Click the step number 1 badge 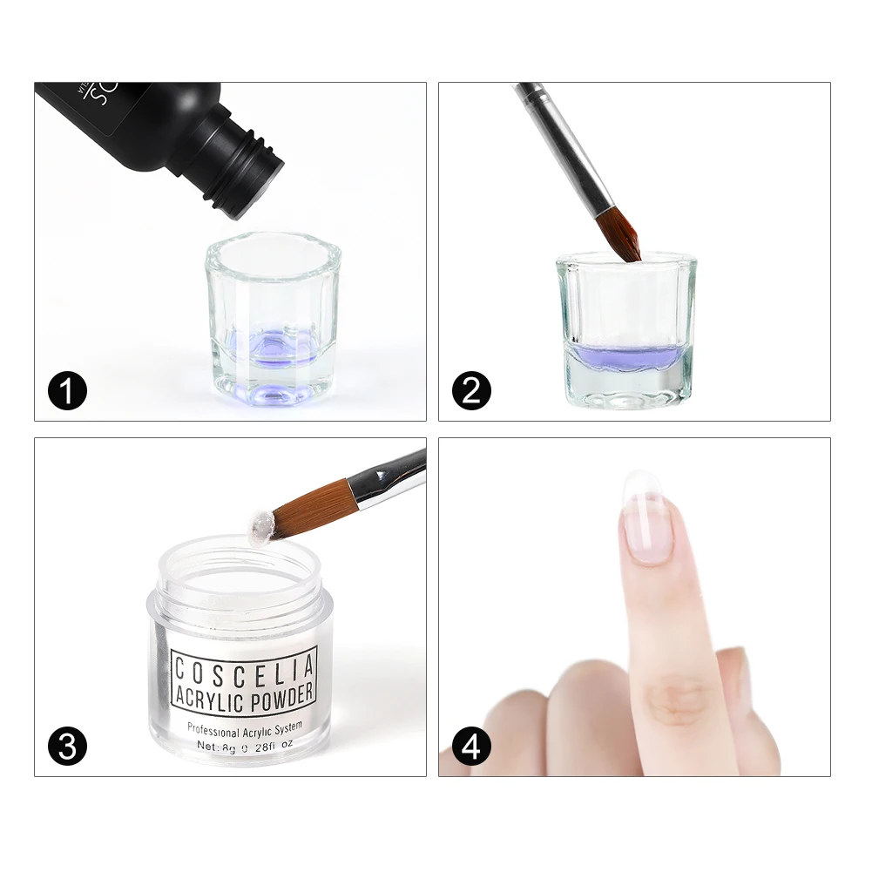[67, 391]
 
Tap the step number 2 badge [471, 391]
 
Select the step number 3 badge [67, 747]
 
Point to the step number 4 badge [471, 747]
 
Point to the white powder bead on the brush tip [259, 524]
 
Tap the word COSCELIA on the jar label [243, 672]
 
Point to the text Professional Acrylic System [244, 727]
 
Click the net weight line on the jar [244, 746]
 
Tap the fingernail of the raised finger [648, 519]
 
